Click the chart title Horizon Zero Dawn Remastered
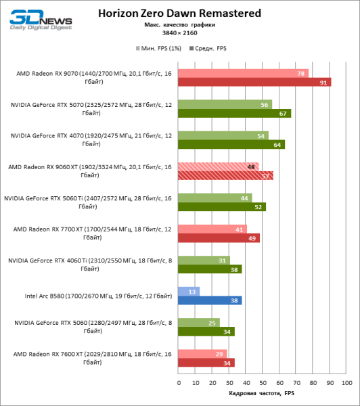coord(180,12)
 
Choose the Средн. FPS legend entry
coord(210,49)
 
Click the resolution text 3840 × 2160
coord(179,32)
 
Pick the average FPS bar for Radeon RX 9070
coord(254,83)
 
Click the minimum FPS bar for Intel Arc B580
coord(189,292)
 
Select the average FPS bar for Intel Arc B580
coord(210,300)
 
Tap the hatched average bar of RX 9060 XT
coord(225,176)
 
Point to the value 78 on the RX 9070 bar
coord(300,73)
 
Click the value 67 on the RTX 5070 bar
coord(282,114)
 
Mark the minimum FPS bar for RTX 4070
coord(223,135)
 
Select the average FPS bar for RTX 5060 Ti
coord(221,207)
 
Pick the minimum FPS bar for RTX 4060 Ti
coord(204,261)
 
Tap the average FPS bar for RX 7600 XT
coord(206,363)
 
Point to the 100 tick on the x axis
coord(346,382)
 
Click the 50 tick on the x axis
coord(263,382)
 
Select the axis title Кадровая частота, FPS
coord(263,393)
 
